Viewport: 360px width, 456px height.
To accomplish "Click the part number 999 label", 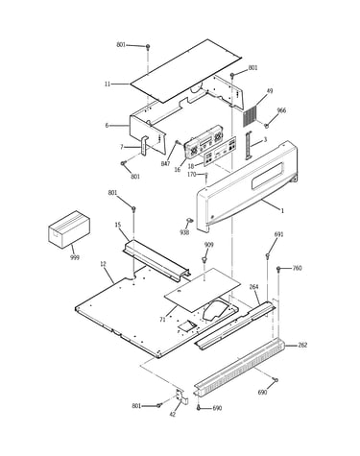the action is [75, 257].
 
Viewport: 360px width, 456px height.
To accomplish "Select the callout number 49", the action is [270, 91].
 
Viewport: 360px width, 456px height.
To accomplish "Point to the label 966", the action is [281, 110].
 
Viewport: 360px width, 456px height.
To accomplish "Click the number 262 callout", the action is [302, 345].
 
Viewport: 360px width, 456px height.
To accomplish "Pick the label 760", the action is [297, 268].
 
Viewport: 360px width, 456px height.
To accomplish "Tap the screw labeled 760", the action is [278, 269].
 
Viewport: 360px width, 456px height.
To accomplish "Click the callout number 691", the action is [278, 234].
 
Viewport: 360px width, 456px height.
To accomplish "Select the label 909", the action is [209, 245].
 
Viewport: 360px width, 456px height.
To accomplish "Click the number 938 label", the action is [184, 232].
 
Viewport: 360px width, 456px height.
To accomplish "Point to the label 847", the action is [166, 164].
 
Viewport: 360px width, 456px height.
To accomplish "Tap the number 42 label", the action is [172, 414].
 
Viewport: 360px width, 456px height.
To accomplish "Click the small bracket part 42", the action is [182, 396].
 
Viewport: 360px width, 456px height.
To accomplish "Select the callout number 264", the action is [253, 287].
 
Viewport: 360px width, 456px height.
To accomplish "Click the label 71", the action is [162, 319].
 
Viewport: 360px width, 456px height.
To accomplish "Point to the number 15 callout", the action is [118, 225].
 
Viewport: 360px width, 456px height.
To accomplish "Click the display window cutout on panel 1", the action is [268, 176].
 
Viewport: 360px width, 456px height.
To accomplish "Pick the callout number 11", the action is [108, 84].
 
